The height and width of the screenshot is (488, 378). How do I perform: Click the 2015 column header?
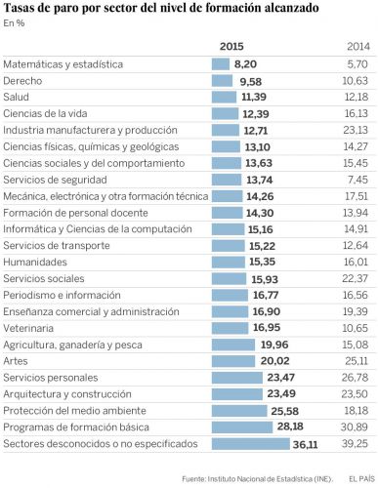232,46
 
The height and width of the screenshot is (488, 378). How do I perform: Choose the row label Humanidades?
35,262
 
